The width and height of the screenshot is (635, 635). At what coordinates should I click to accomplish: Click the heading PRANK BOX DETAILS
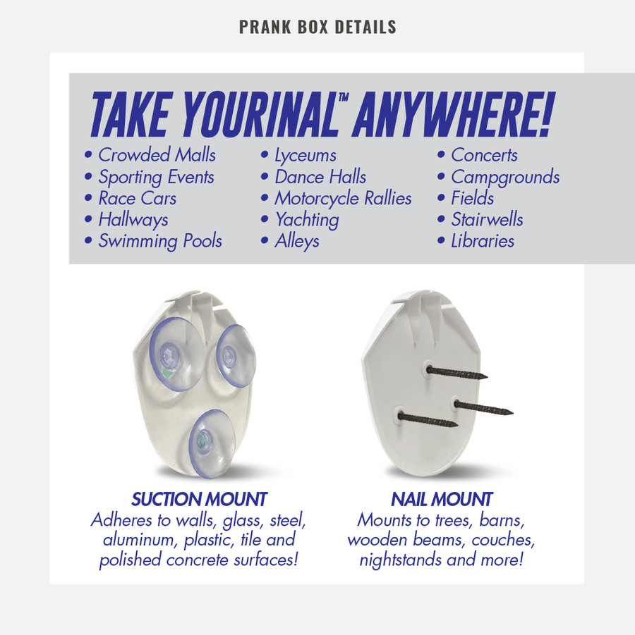tap(317, 27)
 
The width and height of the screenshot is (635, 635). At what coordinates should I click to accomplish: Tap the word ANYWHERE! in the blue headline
tap(453, 115)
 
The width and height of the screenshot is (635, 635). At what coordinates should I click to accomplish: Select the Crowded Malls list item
tap(157, 155)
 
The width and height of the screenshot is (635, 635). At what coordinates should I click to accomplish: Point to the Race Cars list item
tap(138, 198)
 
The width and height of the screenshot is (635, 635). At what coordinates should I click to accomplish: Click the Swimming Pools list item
tap(160, 241)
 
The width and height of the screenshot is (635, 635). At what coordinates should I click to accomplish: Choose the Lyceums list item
tap(306, 156)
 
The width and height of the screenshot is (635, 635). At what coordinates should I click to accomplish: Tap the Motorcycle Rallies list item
tap(343, 199)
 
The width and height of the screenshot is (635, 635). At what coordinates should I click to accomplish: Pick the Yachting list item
tap(307, 220)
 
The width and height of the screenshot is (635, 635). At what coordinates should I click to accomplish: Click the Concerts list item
tap(484, 155)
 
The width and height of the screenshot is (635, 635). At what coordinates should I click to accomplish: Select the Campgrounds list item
tap(505, 177)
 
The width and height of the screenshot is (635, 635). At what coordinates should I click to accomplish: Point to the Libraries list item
tap(483, 241)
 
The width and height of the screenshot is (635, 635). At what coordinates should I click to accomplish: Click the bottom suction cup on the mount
tap(212, 443)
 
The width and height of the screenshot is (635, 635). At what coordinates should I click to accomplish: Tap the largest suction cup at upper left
tap(177, 354)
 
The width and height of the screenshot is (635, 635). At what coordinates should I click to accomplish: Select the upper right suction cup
tap(236, 356)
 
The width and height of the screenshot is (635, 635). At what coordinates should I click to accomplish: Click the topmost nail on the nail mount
tap(456, 373)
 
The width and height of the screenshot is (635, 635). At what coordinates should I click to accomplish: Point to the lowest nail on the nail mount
tap(428, 420)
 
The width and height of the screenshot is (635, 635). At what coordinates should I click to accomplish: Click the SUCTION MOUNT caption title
tap(199, 499)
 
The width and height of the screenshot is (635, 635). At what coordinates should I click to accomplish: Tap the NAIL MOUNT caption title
tap(442, 499)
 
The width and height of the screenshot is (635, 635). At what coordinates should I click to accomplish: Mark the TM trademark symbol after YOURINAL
tap(344, 97)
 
